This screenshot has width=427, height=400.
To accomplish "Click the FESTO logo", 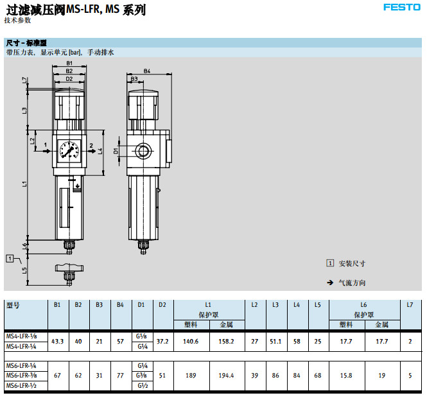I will [x=402, y=8].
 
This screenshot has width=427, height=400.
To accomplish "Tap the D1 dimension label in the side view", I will [x=116, y=152].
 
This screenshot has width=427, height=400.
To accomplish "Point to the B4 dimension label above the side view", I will [x=147, y=71].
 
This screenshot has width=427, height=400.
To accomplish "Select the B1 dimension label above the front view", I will [x=69, y=63].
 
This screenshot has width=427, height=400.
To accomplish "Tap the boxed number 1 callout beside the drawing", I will [x=10, y=259].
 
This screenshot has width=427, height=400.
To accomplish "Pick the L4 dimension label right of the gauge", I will [x=100, y=152].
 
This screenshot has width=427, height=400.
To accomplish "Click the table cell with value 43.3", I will [x=58, y=341].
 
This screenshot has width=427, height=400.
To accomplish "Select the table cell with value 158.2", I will [x=227, y=341].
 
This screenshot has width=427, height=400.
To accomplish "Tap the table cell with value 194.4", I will [x=227, y=376].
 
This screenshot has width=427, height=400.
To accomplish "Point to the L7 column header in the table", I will [x=410, y=305].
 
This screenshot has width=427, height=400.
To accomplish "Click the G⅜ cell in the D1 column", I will [x=141, y=376].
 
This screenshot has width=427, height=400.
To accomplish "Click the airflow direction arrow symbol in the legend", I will [x=330, y=283].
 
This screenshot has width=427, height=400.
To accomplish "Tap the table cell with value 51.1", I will [x=275, y=341].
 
